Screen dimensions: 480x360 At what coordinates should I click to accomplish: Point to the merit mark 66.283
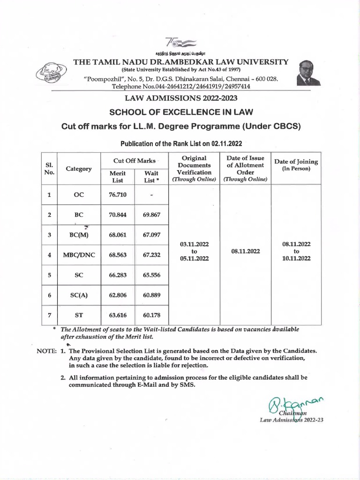[118, 276]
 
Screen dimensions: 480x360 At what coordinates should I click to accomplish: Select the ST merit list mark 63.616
[118, 315]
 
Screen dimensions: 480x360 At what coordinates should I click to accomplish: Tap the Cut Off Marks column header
[134, 161]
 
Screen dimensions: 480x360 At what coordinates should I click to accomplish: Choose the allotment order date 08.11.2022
[246, 251]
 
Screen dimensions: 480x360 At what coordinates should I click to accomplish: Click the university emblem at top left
[51, 75]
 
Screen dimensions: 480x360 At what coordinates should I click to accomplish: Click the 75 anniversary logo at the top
[180, 42]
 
